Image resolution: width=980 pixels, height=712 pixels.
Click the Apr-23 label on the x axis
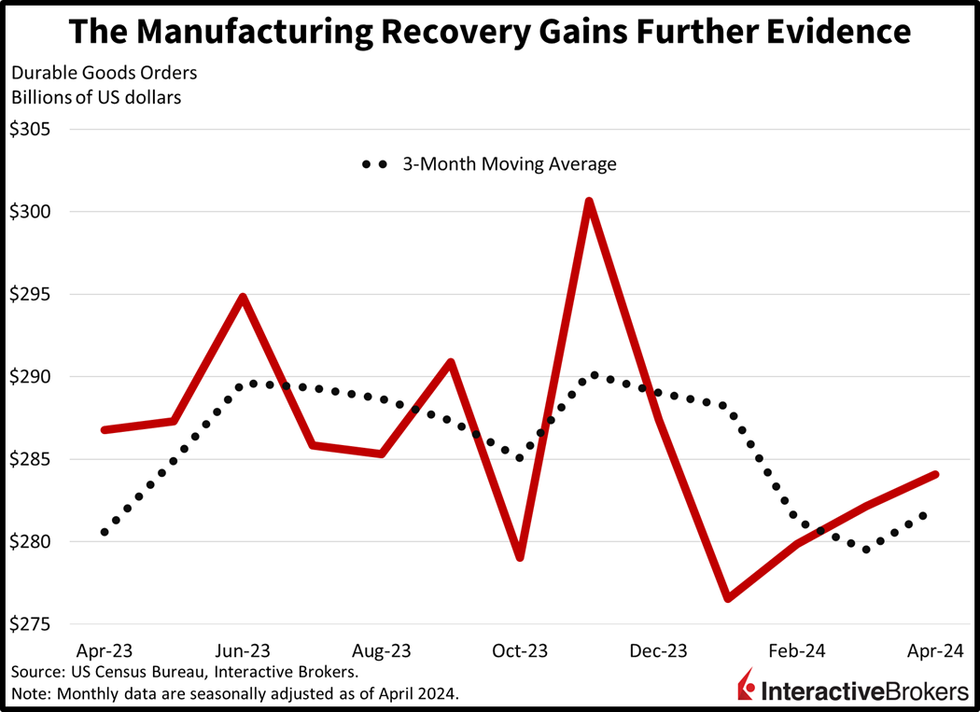[x=104, y=649]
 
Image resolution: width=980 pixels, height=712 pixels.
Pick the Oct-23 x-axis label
[x=520, y=649]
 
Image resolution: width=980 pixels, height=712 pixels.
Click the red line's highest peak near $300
[x=589, y=201]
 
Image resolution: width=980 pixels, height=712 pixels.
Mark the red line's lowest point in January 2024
[x=727, y=598]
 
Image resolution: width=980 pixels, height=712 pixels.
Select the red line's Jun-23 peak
[x=243, y=298]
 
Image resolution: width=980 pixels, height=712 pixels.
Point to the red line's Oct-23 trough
[x=520, y=558]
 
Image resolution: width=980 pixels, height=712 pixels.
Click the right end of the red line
[x=935, y=474]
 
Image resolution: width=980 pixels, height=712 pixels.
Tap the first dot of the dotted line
[x=105, y=532]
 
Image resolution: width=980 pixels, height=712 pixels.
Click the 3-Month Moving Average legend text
[x=510, y=164]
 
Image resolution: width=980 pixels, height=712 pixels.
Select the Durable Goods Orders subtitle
[x=104, y=73]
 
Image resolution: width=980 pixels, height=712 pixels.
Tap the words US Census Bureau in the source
[x=121, y=672]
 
